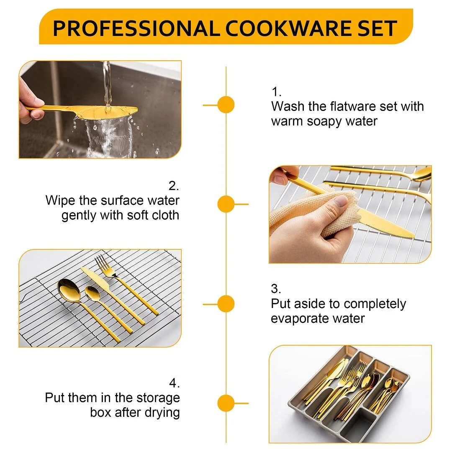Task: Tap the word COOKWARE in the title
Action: [288, 28]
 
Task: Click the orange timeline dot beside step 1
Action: [226, 105]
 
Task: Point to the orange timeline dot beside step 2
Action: [226, 204]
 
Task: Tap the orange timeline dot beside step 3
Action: [226, 304]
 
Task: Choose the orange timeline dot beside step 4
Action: [226, 403]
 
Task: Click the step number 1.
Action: [276, 92]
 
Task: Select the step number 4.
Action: [174, 383]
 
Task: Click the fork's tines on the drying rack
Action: [103, 263]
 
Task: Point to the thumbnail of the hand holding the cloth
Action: [350, 214]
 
